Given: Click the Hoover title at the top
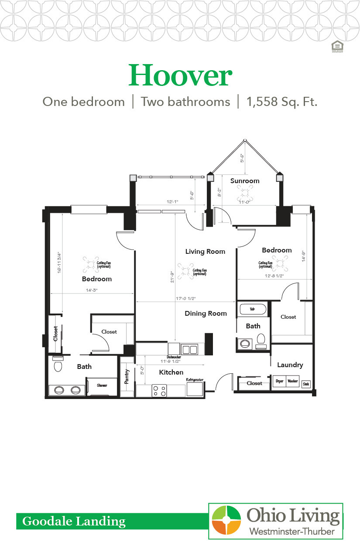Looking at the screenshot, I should [x=180, y=75].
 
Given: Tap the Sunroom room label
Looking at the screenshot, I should [x=245, y=181].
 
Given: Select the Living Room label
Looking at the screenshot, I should [x=205, y=251].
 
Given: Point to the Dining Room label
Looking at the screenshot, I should [x=206, y=313].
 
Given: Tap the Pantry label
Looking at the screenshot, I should [x=127, y=376].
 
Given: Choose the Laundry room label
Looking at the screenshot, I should [x=290, y=365].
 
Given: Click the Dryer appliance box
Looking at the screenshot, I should [x=279, y=381].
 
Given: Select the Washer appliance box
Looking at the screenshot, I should [x=292, y=381].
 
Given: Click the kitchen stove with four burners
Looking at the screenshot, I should [x=159, y=390].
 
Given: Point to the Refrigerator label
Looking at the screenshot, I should [x=195, y=380].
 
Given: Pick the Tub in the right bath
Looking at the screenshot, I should [x=252, y=309].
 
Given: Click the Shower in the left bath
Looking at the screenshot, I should [x=102, y=385].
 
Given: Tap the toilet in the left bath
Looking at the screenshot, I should [x=58, y=365].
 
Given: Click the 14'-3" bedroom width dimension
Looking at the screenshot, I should [x=91, y=290].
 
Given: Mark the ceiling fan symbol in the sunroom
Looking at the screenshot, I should [x=245, y=192].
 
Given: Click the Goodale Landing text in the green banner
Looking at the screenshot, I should [x=74, y=521].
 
